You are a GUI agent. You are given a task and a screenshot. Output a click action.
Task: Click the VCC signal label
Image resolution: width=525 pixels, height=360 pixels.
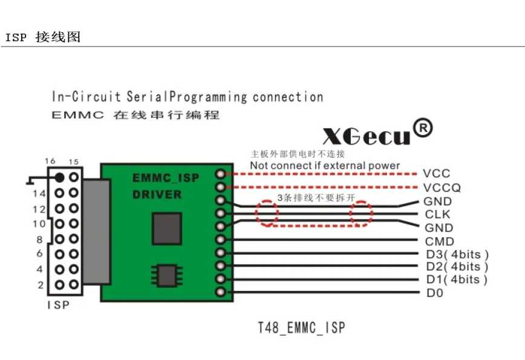[x=437, y=174]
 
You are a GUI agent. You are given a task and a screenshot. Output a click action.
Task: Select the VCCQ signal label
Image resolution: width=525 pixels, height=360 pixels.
[x=442, y=188]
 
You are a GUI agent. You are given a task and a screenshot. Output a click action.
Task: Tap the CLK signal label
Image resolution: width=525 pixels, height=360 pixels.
[x=437, y=215]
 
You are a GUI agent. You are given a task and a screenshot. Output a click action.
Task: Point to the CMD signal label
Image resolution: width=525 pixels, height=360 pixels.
[x=439, y=241]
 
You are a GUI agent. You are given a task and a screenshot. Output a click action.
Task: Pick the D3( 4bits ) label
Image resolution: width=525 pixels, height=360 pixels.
[x=457, y=254]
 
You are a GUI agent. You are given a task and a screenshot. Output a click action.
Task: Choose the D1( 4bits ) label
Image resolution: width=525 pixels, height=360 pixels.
[x=457, y=280]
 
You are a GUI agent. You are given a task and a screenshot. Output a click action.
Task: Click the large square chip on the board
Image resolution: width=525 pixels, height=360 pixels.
[x=167, y=229]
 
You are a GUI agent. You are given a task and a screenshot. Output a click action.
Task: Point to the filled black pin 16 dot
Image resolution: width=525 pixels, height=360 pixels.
[x=59, y=177]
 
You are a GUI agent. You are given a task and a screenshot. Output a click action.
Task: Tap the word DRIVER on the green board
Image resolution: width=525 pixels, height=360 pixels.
[x=157, y=195]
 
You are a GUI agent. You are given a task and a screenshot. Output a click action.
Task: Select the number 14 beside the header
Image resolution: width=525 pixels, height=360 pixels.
[x=39, y=194]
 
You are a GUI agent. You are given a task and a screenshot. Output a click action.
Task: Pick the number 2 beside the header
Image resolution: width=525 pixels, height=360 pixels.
[x=41, y=285]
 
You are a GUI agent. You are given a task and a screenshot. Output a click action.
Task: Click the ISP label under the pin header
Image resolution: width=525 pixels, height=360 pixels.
[x=58, y=306]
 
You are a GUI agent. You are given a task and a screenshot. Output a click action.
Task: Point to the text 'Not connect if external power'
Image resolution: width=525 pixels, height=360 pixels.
[x=325, y=166]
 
